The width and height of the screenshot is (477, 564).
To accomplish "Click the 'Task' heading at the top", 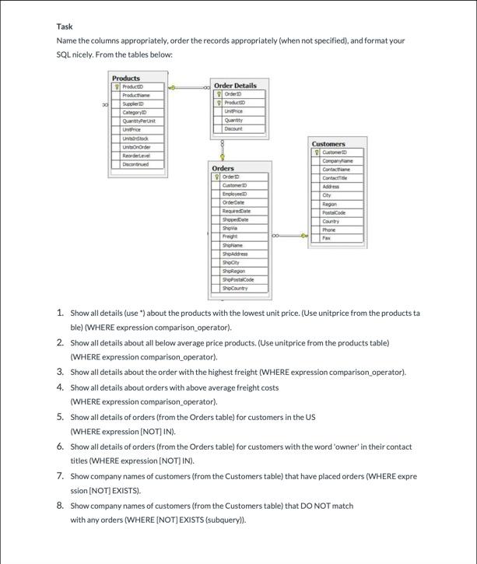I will point(64,26).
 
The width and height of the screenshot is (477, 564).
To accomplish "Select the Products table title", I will point(126,78).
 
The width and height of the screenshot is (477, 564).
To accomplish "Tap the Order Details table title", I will point(235,85).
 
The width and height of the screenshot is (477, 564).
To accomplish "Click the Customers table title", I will point(328,144).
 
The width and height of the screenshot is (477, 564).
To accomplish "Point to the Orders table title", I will point(223,168).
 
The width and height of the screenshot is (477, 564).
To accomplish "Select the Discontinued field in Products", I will point(135,163).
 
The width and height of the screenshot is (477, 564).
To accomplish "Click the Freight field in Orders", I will point(230,236).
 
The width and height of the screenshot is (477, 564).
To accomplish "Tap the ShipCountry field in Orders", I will point(234,288).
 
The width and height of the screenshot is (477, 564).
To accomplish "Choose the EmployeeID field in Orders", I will point(234,194).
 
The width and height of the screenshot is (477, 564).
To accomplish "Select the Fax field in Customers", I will point(327,238).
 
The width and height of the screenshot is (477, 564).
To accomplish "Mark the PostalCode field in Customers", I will point(334,212).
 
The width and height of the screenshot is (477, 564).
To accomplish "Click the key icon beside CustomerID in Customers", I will point(316,152).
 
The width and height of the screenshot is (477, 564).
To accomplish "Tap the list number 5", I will point(60,417).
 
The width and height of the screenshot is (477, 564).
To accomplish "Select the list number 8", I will point(60,506).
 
